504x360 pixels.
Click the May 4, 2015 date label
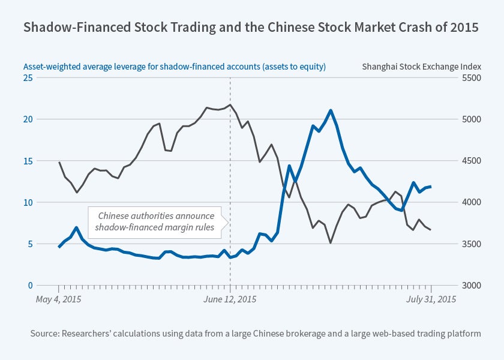59,299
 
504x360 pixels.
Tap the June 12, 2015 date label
230,299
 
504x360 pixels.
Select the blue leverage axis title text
175,67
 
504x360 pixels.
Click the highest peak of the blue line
331,110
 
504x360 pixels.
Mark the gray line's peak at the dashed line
230,105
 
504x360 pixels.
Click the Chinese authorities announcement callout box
155,221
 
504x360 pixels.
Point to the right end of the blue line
430,187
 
